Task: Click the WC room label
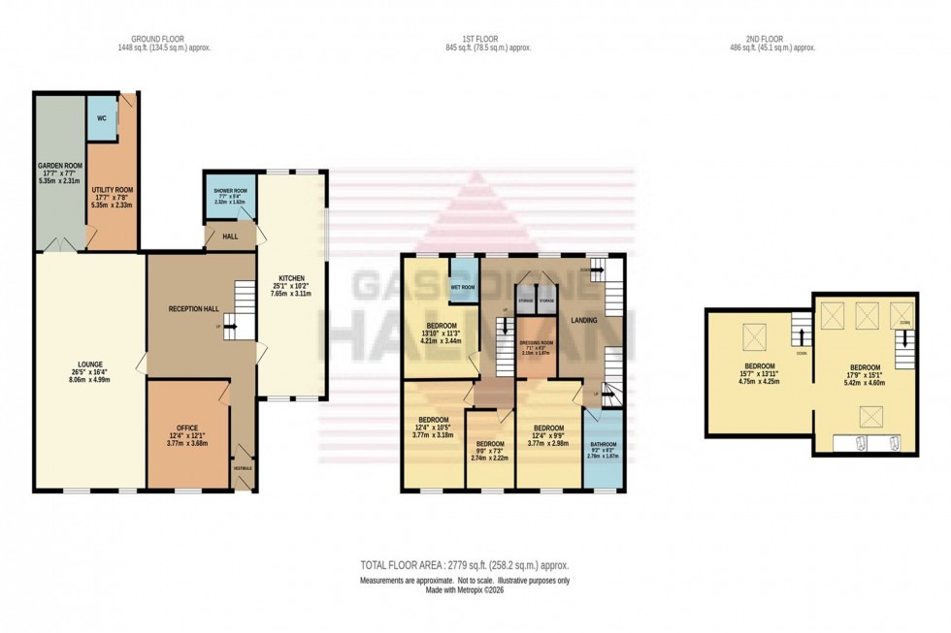pos(101,118)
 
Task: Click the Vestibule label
pos(244,468)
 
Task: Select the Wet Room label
pos(465,288)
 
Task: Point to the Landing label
pos(583,320)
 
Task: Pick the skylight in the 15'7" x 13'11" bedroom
pos(754,336)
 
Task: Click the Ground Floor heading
pos(159,41)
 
